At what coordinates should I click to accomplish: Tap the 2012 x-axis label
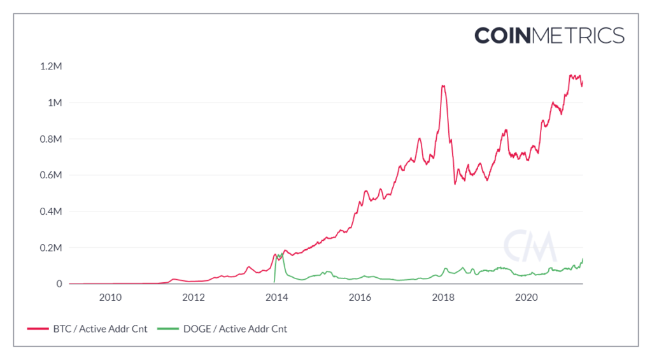point(193,297)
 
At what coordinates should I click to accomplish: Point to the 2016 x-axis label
point(360,297)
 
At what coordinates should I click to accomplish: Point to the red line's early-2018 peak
point(443,85)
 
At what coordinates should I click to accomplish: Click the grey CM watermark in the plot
point(530,244)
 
